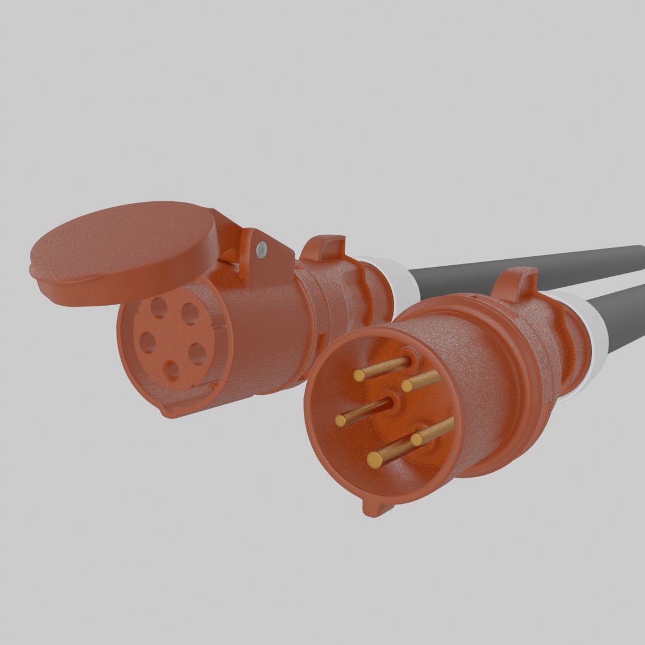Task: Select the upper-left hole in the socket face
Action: tap(158, 307)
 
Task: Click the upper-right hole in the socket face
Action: tap(190, 314)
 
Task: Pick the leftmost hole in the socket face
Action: tap(147, 342)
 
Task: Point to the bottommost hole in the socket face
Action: tap(173, 371)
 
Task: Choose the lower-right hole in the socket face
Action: tap(198, 355)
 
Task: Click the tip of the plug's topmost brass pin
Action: tap(360, 375)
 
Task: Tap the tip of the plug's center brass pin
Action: tap(341, 420)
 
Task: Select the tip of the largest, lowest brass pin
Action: tap(375, 459)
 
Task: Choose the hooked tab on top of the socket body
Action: tap(322, 248)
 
